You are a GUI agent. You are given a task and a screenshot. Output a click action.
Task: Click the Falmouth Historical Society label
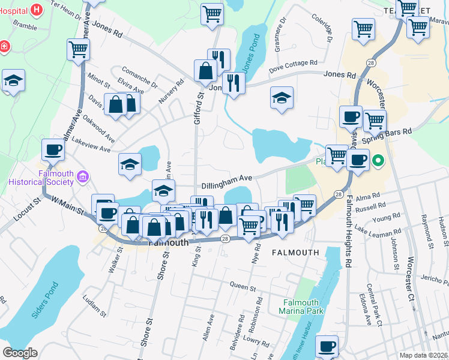[39, 178]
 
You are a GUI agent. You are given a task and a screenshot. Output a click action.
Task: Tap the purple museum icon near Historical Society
[83, 178]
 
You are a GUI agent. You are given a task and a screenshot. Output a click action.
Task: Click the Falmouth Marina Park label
[301, 307]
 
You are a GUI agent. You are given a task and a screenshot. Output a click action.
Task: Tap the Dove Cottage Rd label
[293, 63]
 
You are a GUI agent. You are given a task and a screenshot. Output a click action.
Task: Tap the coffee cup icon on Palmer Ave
[53, 149]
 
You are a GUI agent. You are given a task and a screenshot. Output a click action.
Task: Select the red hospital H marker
[37, 10]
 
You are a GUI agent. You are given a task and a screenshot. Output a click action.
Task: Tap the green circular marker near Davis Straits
[378, 160]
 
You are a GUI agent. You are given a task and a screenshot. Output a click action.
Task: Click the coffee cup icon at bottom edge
[327, 346]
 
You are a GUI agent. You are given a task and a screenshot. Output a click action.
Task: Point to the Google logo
[20, 353]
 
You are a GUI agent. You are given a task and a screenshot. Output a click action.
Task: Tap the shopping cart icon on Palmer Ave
[79, 50]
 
